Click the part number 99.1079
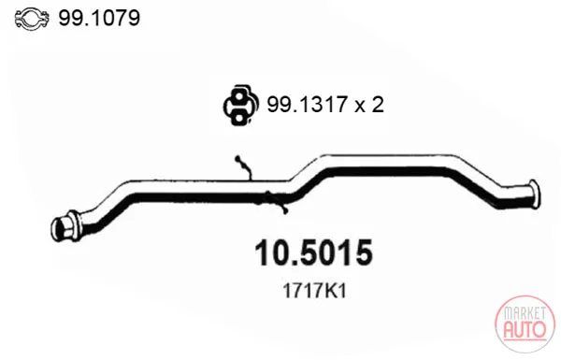coord(99,18)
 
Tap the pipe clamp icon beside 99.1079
coord(32,19)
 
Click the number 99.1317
coord(307,105)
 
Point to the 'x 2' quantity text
coord(369,105)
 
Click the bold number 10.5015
coord(313,253)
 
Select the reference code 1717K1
coord(314,291)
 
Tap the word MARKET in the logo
coord(525,313)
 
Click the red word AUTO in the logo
coord(525,329)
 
